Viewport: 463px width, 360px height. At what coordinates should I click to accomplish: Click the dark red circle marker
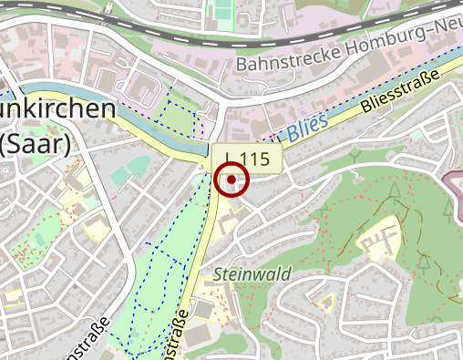pyautogui.click(x=232, y=179)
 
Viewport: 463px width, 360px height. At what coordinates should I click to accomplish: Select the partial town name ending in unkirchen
pyautogui.click(x=57, y=109)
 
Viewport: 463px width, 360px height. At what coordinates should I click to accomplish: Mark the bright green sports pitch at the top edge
pyautogui.click(x=222, y=11)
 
